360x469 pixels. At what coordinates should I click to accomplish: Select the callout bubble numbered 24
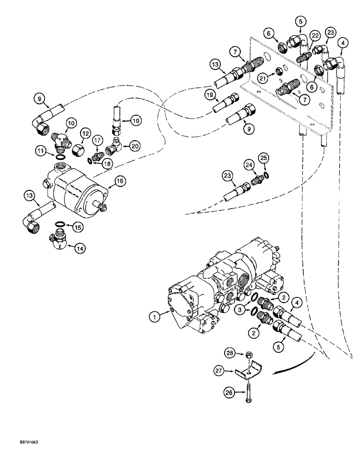tap(249, 165)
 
